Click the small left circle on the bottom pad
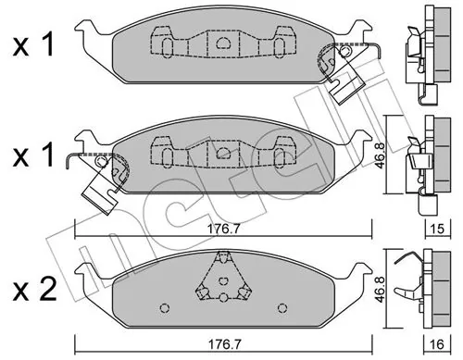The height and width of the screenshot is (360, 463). pyautogui.click(x=163, y=308)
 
